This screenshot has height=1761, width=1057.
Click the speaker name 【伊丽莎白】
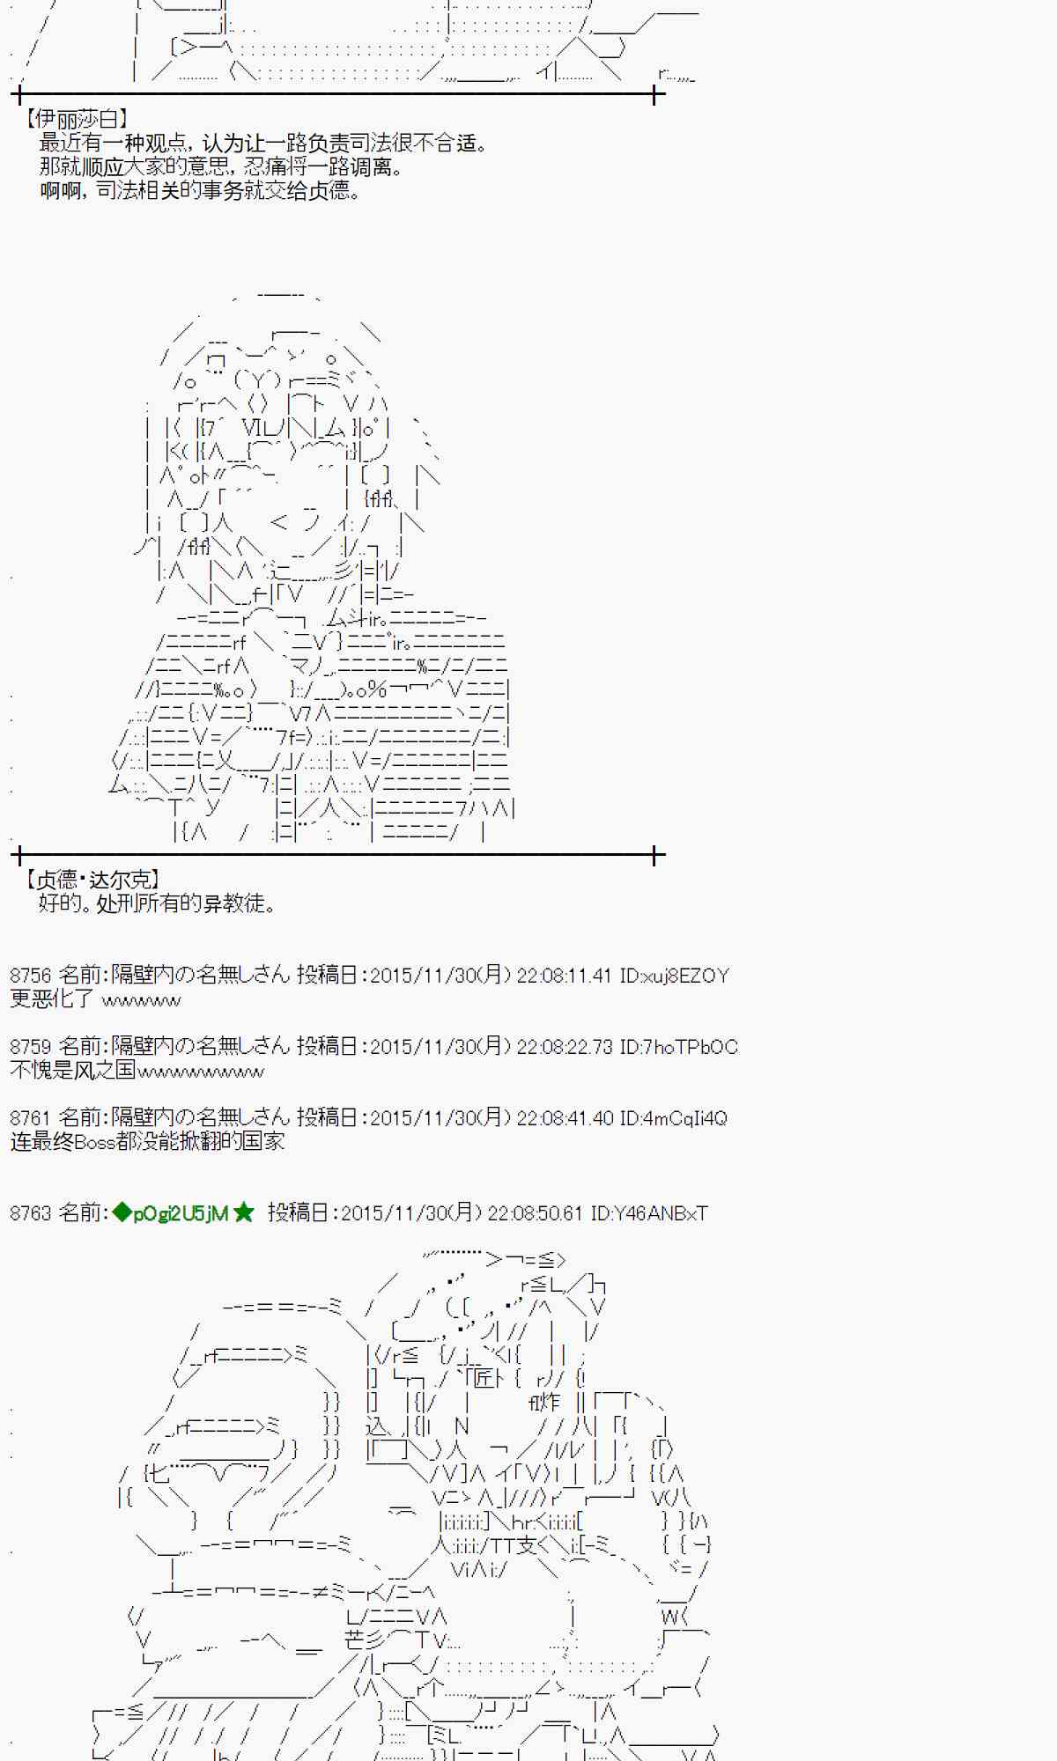(77, 119)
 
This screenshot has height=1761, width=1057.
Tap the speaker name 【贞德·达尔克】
(92, 879)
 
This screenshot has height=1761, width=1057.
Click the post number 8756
(31, 976)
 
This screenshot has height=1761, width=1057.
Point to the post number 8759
(31, 1047)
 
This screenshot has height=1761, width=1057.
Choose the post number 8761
(31, 1118)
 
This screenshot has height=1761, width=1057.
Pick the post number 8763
(31, 1213)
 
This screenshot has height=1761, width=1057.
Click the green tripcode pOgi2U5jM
(181, 1213)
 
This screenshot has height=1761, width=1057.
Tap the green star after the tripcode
(244, 1213)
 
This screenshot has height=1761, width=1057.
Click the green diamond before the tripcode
(121, 1213)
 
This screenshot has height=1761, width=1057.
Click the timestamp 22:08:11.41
(564, 976)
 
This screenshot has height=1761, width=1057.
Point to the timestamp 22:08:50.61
(535, 1213)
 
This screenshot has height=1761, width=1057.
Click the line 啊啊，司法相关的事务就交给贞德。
(199, 190)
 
